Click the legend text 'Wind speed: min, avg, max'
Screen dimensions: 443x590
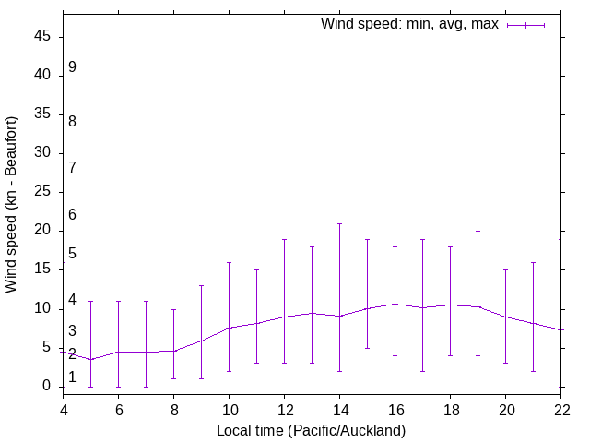[409, 24]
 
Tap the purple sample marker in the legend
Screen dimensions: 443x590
[526, 25]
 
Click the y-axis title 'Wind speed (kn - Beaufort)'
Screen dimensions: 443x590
[12, 205]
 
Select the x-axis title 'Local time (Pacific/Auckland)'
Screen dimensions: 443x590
[311, 431]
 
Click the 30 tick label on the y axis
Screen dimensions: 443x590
[46, 153]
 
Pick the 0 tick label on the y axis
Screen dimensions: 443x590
[50, 387]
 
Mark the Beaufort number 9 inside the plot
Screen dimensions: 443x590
[72, 67]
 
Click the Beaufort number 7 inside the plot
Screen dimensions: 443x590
[72, 167]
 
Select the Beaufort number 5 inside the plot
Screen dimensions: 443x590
[72, 254]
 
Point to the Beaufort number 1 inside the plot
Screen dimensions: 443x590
[72, 377]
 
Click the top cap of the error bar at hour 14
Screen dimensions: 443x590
[339, 223]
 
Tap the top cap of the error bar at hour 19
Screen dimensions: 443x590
[478, 231]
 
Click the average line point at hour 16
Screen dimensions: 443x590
[395, 304]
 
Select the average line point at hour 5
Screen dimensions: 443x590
[90, 360]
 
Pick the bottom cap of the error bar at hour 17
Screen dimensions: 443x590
[422, 371]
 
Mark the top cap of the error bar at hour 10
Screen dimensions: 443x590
[229, 262]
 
